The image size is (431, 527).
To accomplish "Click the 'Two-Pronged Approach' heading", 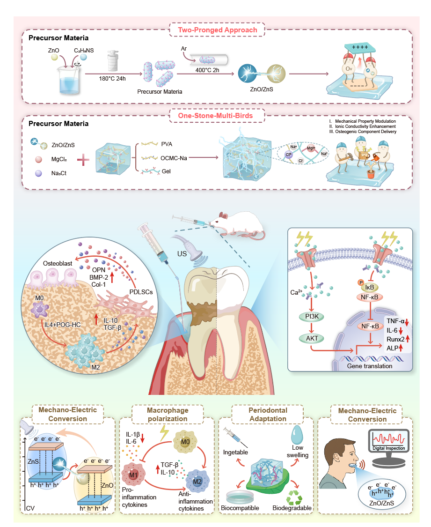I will click(x=217, y=30).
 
